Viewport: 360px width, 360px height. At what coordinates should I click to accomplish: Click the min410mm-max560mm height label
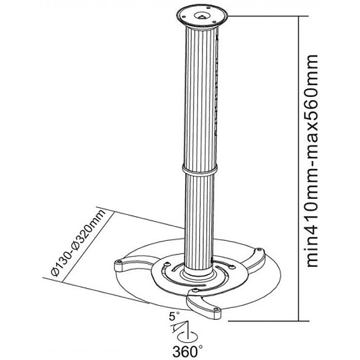tap(312, 161)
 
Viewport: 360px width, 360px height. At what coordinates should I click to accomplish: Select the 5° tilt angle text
tap(175, 316)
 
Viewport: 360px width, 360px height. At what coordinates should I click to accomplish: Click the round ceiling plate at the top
tap(202, 16)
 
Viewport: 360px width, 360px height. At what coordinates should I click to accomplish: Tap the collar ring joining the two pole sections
tap(199, 170)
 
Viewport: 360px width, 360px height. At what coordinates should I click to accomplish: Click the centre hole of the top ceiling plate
tap(202, 15)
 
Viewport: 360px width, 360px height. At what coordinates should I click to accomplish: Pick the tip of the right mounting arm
tap(260, 250)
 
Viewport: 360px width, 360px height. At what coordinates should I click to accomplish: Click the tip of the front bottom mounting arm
tap(216, 310)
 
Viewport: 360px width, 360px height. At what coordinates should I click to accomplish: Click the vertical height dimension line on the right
tap(299, 169)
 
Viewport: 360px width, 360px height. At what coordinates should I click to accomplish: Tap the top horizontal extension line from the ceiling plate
tap(267, 16)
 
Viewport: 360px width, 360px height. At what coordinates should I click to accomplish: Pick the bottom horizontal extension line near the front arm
tap(268, 321)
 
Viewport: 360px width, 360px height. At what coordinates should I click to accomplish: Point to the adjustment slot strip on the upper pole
tap(216, 87)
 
